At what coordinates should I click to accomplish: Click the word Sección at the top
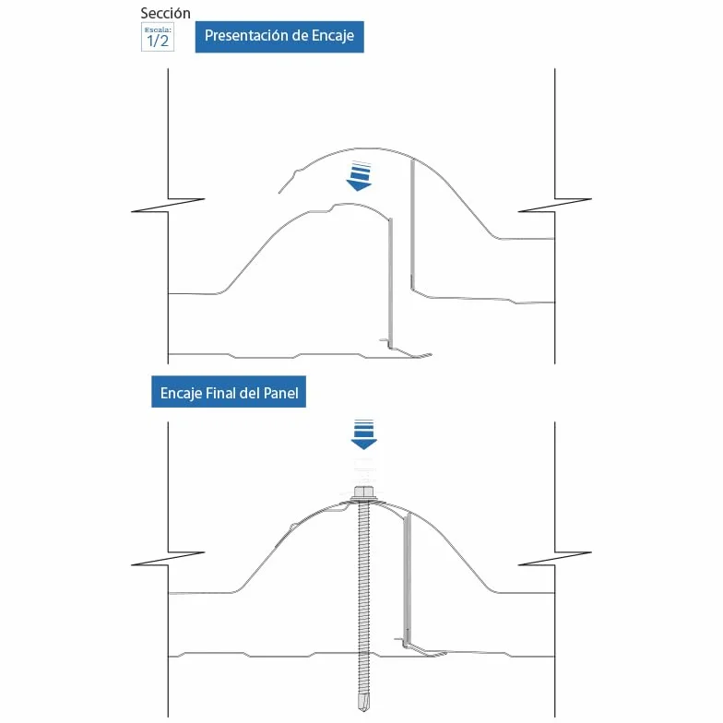pyautogui.click(x=166, y=13)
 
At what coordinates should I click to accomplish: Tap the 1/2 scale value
pyautogui.click(x=158, y=41)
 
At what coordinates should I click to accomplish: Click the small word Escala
pyautogui.click(x=158, y=30)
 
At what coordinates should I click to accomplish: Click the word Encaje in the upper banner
pyautogui.click(x=333, y=36)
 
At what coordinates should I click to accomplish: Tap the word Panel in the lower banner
pyautogui.click(x=280, y=393)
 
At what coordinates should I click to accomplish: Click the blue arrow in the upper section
pyautogui.click(x=359, y=177)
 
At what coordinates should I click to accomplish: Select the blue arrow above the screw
pyautogui.click(x=363, y=434)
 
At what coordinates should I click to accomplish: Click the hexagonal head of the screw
pyautogui.click(x=364, y=492)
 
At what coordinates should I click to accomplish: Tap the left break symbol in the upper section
pyautogui.click(x=168, y=205)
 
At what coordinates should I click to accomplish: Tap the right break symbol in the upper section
pyautogui.click(x=555, y=205)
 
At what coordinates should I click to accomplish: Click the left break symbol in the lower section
pyautogui.click(x=168, y=559)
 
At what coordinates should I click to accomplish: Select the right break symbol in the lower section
pyautogui.click(x=555, y=559)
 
